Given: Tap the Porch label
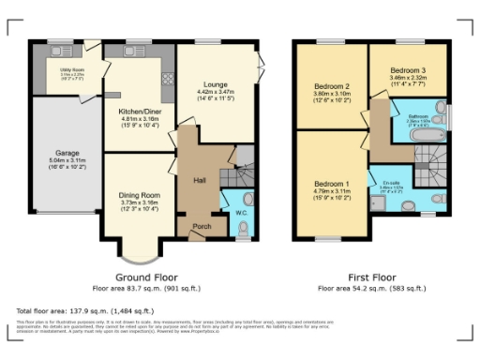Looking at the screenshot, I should (200, 226).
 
